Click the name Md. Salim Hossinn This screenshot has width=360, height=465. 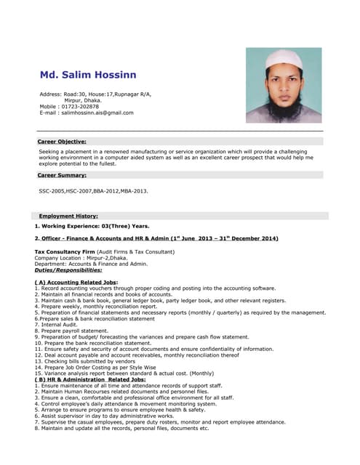pyautogui.click(x=87, y=75)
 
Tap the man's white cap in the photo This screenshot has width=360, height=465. pyautogui.click(x=284, y=58)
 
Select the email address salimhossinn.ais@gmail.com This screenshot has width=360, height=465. pyautogui.click(x=97, y=113)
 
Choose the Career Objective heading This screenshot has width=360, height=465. pyautogui.click(x=62, y=141)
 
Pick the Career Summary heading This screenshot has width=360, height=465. pyautogui.click(x=62, y=175)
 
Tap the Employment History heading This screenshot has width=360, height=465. pyautogui.click(x=68, y=216)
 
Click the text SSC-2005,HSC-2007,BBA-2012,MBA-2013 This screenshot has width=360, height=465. pyautogui.click(x=93, y=191)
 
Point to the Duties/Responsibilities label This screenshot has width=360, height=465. pyautogui.click(x=68, y=270)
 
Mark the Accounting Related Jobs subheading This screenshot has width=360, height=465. pyautogui.click(x=76, y=282)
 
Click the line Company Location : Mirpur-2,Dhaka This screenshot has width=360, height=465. pyautogui.click(x=81, y=257)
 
